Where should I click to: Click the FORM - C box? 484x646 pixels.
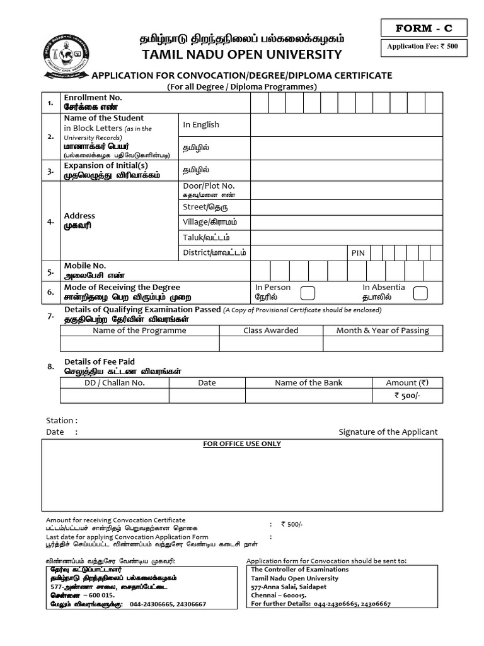[x=423, y=28]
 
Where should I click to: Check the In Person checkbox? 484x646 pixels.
[x=308, y=293]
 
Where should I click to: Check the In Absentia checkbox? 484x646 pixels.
[x=420, y=293]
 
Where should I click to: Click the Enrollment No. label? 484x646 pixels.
[x=93, y=98]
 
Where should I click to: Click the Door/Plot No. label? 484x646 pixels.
[x=208, y=185]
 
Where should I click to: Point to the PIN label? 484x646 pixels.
[x=358, y=252]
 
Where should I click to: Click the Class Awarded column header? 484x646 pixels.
[x=271, y=331]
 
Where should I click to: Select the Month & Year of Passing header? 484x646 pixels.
[x=382, y=331]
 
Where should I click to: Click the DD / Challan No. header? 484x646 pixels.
[x=115, y=382]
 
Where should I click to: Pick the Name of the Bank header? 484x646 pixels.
[x=308, y=382]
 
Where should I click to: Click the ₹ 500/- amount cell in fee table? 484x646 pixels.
[x=406, y=396]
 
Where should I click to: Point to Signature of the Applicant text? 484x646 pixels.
[x=388, y=432]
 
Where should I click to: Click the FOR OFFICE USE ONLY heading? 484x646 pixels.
[x=242, y=443]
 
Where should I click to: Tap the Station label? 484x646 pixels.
[x=62, y=420]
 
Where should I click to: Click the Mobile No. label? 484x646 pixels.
[x=85, y=266]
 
